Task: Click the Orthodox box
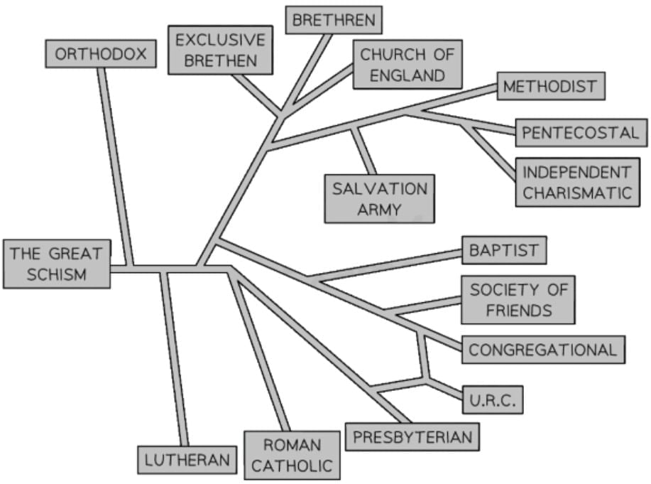pos(100,54)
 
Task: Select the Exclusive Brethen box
pos(220,50)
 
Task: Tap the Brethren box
pos(334,19)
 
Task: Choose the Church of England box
pos(407,64)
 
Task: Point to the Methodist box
pos(550,87)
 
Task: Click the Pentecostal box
pos(581,132)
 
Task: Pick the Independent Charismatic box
pos(576,182)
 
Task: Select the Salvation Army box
pos(380,198)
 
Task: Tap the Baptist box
pos(504,250)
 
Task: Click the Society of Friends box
pos(518,299)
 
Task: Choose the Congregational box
pos(543,350)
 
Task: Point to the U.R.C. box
pos(493,400)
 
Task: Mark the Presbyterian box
pos(412,436)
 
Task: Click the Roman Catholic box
pos(292,455)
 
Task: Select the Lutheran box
pos(187,459)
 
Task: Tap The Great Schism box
pos(56,264)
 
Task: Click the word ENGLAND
pos(407,74)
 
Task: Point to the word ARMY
pos(380,209)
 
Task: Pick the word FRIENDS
pos(518,310)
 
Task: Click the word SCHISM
pos(56,274)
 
